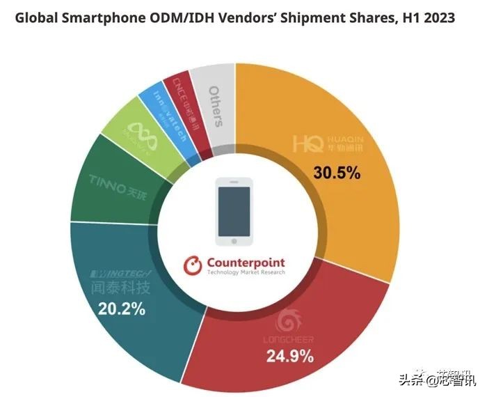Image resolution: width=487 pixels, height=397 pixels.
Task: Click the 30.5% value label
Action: pos(336,173)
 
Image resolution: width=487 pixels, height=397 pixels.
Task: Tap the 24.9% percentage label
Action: pos(289,357)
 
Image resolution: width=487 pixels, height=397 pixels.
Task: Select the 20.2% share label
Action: pos(121,309)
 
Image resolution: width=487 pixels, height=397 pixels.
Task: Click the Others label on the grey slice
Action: pos(216,107)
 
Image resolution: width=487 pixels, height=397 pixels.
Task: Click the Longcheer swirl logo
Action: pos(288,321)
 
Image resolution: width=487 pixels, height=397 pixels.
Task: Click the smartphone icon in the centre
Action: pos(234,212)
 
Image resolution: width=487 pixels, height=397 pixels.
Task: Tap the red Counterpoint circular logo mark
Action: pos(193,265)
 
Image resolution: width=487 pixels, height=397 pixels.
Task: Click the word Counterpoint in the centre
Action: pos(245,263)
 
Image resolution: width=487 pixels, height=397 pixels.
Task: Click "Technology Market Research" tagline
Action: pos(245,272)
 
